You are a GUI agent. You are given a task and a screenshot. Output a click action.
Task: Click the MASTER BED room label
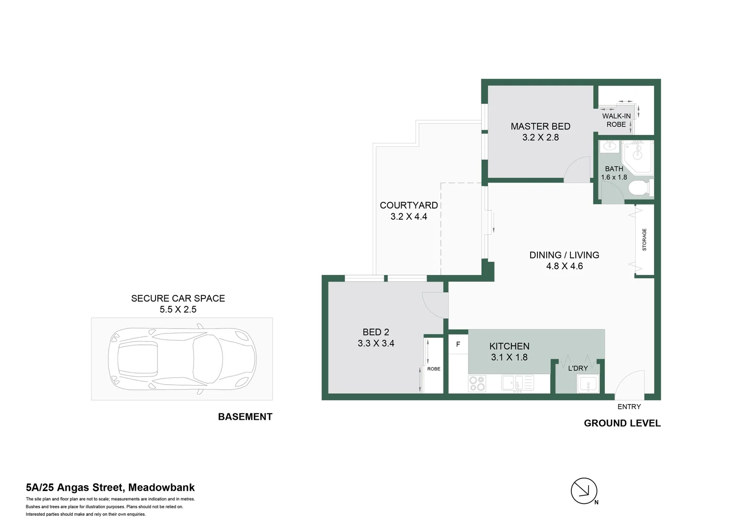540,127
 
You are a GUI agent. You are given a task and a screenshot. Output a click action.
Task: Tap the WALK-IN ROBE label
616,120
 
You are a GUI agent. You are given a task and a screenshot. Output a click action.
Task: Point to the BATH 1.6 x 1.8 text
614,173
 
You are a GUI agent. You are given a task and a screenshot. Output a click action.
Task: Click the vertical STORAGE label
644,239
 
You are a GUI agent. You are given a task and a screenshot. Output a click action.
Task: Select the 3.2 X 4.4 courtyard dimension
408,217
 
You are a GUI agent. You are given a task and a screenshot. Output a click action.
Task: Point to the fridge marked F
458,344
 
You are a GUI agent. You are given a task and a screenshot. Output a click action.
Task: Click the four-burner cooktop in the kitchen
477,383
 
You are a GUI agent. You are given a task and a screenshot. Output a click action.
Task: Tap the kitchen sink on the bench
517,383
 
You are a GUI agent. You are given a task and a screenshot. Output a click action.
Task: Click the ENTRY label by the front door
629,407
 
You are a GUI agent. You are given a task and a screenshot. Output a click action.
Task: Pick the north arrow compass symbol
584,491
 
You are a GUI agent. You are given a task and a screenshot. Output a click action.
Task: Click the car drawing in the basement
182,358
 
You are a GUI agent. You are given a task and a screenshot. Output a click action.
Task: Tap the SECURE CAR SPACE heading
178,299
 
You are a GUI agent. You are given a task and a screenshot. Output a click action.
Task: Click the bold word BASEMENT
245,417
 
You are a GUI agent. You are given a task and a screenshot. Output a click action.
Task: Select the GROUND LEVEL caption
622,423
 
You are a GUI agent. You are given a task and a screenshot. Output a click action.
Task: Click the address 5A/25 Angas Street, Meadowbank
110,488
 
